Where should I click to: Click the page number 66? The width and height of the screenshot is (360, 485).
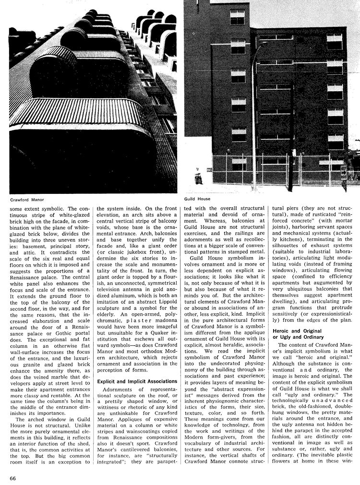[x=13, y=478]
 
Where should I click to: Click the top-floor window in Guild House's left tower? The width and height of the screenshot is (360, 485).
[x=237, y=17]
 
